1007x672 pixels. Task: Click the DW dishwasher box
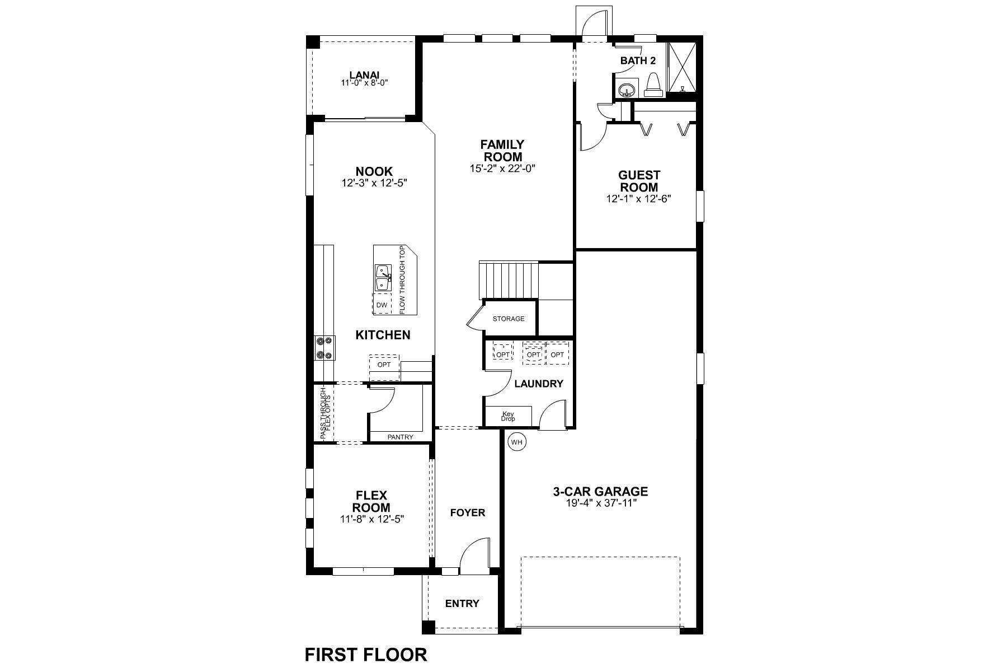(382, 305)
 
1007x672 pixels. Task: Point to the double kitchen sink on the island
(383, 278)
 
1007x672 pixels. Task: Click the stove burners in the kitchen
(324, 347)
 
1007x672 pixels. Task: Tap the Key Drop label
(508, 416)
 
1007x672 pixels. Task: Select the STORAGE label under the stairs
(509, 319)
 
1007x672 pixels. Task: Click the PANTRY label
(400, 437)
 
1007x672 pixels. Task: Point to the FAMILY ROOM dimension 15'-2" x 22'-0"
(502, 167)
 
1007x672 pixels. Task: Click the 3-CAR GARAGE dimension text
(600, 503)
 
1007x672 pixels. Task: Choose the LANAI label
(364, 74)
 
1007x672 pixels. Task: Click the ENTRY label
(462, 604)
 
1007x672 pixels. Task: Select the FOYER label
(468, 512)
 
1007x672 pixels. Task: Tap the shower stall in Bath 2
(682, 67)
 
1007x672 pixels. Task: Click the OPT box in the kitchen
(384, 365)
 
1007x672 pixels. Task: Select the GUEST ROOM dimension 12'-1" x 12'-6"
(638, 199)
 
